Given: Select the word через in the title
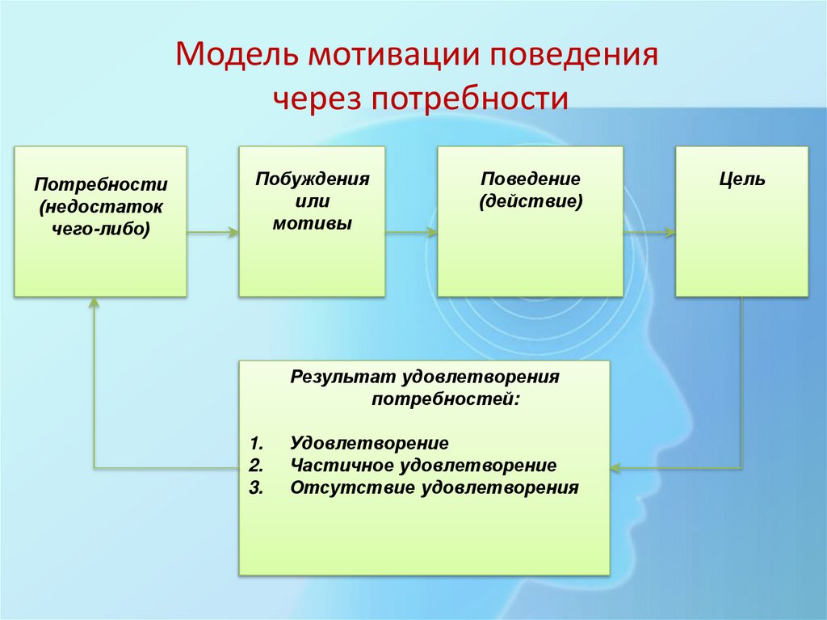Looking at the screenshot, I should pos(316,99).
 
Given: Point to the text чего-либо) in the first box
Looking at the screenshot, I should pos(101,229).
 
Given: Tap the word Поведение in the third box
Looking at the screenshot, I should pos(531,179).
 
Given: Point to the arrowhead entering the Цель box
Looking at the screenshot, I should pos(670,233).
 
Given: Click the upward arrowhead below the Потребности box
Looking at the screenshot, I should pos(94,302).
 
